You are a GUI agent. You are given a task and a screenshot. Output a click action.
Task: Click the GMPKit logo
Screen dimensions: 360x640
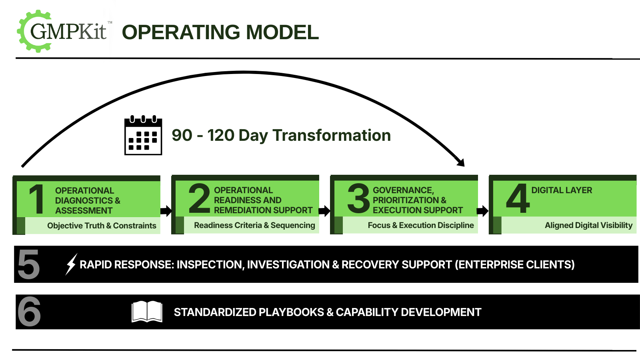point(65,31)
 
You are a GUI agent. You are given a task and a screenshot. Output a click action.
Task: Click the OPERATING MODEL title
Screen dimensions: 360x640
point(220,32)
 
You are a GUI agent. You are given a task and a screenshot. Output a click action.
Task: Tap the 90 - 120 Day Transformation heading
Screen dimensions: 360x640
point(281,135)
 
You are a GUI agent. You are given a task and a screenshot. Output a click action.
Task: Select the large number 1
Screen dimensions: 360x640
point(37,199)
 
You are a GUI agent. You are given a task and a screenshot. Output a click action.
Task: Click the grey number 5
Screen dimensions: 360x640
point(29,264)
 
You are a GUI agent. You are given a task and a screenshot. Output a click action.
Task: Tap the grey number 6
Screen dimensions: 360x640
point(29,312)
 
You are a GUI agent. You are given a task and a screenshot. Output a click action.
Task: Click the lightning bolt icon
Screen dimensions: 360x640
point(71,264)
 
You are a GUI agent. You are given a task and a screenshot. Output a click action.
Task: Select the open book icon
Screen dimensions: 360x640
point(147,312)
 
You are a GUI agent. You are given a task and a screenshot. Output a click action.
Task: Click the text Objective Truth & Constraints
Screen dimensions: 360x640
point(102,226)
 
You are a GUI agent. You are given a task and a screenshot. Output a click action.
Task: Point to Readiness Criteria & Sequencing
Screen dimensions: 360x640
point(254,225)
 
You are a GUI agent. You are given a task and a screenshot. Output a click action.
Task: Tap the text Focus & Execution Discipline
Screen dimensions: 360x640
point(421,225)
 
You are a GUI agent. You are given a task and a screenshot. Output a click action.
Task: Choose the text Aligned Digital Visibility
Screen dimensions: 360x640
point(588,225)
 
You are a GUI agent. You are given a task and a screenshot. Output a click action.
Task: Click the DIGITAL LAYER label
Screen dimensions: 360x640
point(562,190)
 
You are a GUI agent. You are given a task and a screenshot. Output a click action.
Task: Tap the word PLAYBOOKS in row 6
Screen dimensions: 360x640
point(290,312)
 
